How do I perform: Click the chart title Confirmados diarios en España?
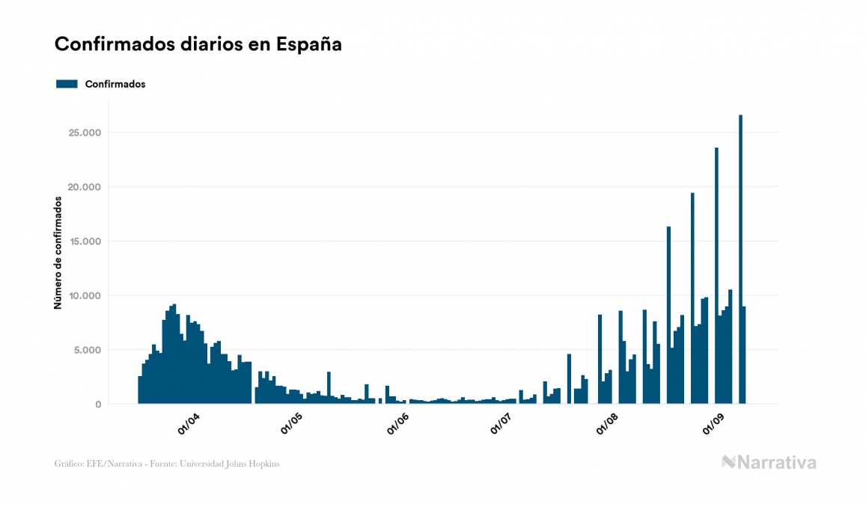tap(198, 44)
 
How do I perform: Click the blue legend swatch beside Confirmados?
tap(67, 84)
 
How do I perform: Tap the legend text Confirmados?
tap(115, 84)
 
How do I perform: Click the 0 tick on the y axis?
tap(97, 405)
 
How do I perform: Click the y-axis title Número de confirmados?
tap(58, 252)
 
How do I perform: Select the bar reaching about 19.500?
tap(692, 300)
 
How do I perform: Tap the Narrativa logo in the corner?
tap(769, 462)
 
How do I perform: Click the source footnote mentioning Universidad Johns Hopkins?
tap(168, 464)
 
